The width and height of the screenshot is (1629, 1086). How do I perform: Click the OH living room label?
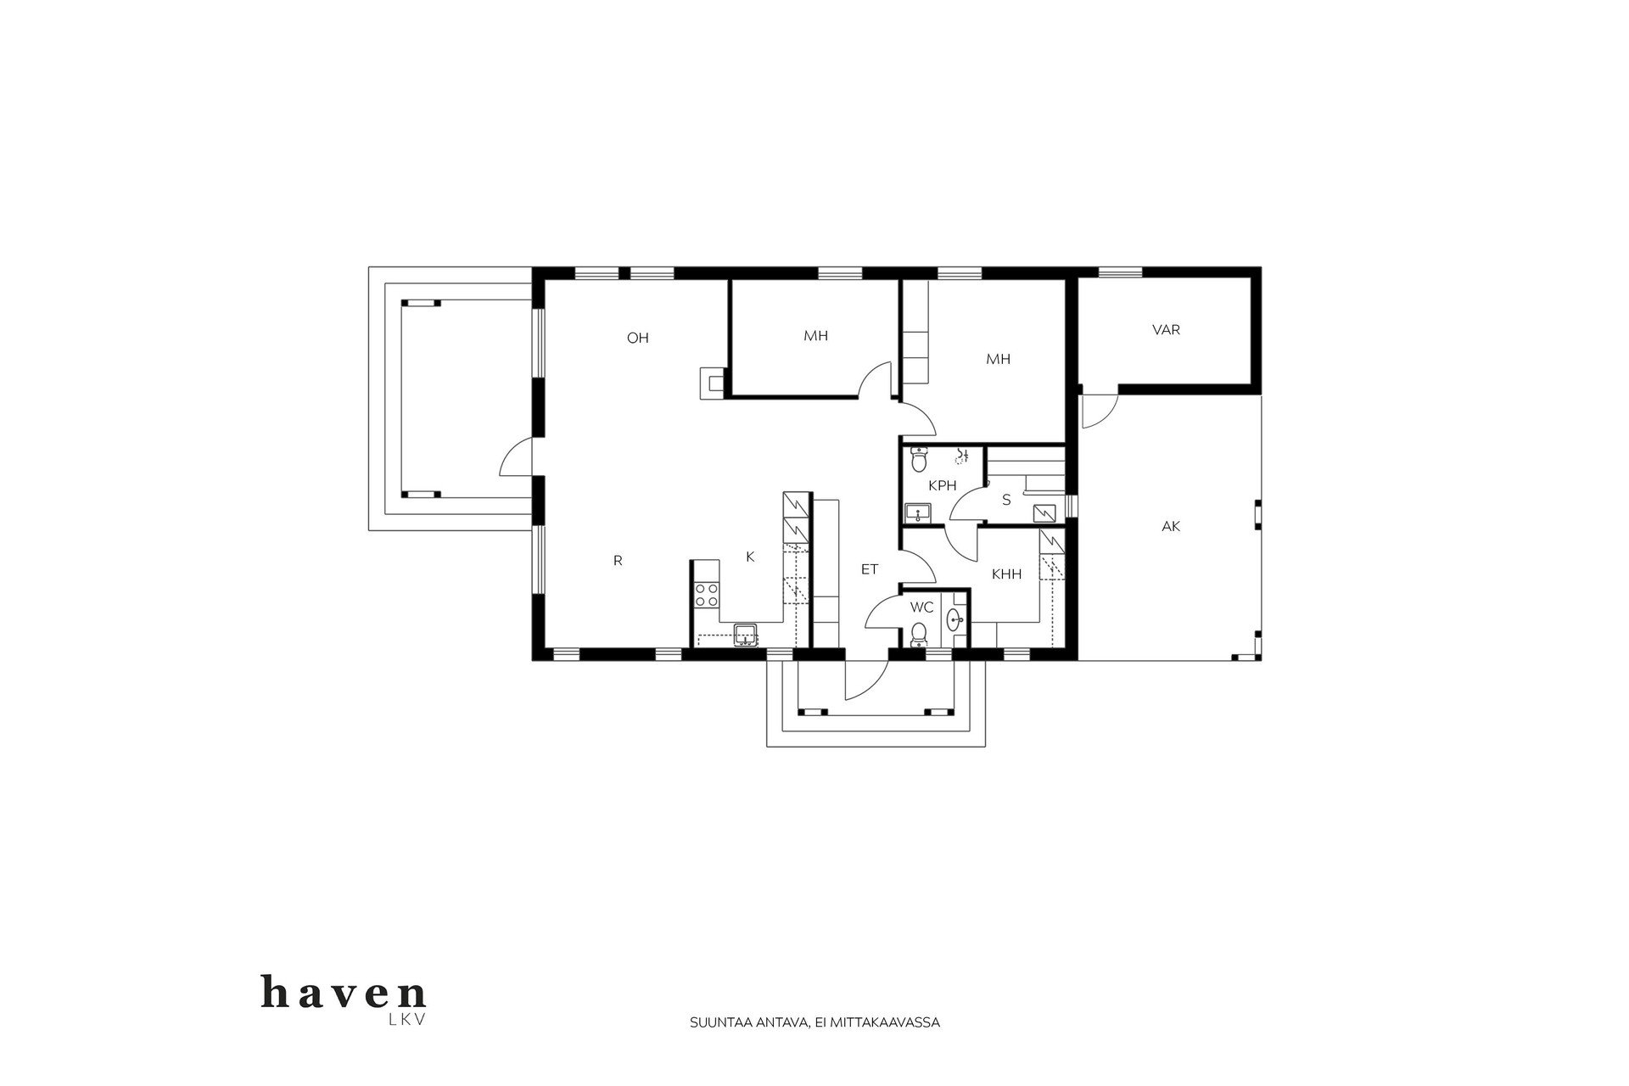click(637, 339)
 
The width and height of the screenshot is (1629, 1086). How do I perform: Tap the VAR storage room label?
click(1166, 330)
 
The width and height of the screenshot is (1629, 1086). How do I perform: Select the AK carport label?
click(1171, 527)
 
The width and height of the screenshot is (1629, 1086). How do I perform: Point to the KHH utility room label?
click(1006, 574)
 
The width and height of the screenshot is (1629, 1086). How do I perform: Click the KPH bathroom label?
click(943, 486)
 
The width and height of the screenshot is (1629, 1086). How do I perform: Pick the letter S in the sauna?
click(1006, 500)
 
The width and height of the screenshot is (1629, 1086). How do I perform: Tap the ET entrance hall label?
click(870, 569)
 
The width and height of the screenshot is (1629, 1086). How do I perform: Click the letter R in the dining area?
click(618, 561)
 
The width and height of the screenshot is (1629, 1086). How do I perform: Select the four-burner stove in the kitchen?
click(707, 594)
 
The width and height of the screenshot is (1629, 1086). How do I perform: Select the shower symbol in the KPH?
click(961, 456)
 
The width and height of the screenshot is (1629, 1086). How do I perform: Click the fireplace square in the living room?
click(711, 382)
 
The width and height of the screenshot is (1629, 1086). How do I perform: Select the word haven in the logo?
click(344, 993)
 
